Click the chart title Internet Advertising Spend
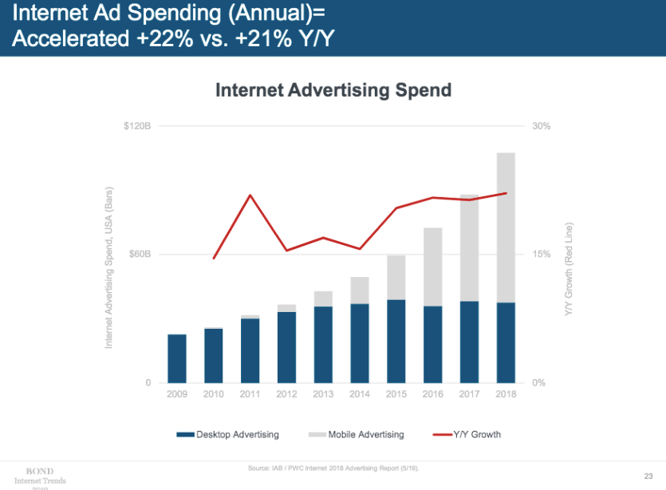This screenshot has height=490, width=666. point(333,89)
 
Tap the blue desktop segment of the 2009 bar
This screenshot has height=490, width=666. point(176,358)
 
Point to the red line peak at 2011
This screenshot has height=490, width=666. point(250,195)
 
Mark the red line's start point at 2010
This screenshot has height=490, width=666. point(214,259)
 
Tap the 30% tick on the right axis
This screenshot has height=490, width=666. point(541,126)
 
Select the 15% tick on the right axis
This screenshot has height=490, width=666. point(541,255)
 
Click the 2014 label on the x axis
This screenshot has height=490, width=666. point(360,394)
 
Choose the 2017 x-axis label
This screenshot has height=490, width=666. point(469,394)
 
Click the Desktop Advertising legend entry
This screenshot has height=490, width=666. point(228,434)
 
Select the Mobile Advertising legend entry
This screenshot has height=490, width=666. point(357,434)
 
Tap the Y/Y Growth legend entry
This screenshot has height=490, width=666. point(467,434)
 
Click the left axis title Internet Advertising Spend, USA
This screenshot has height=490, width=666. point(108,267)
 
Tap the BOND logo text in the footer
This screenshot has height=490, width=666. point(40,471)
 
